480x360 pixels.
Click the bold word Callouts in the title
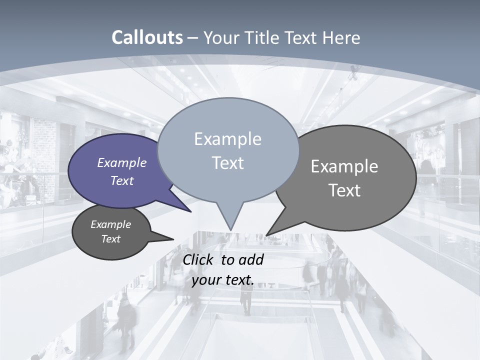coord(147,38)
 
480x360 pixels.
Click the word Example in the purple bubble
coord(122,163)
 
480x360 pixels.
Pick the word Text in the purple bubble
coord(122,180)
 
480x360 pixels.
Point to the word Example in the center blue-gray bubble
coord(227,139)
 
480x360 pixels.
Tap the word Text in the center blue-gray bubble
coord(227,163)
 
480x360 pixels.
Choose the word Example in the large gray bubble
coord(344,166)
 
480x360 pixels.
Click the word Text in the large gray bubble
coord(344,190)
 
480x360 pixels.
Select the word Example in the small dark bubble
coord(111,224)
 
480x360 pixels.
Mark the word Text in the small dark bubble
coord(111,239)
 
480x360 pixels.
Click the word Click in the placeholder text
coord(199,259)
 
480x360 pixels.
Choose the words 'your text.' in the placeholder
coord(223,280)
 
